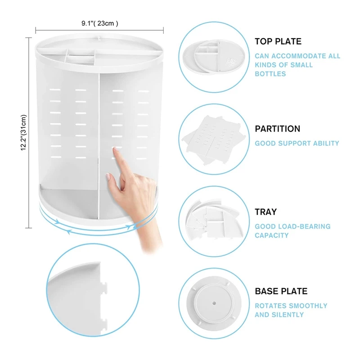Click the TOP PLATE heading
(278, 42)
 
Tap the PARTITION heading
(278, 129)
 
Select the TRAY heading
(266, 211)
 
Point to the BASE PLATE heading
(281, 291)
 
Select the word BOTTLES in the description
(270, 74)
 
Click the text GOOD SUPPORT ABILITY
(297, 143)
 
